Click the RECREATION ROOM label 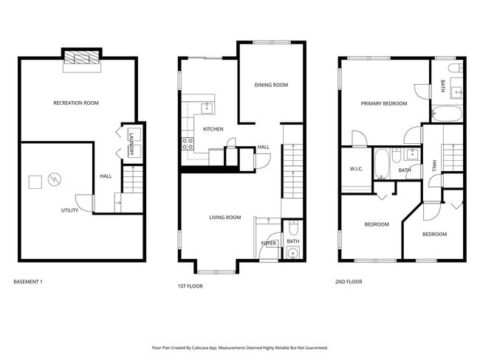pos(76,103)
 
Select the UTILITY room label pos(69,210)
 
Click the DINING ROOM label pos(271,85)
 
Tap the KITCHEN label pos(213,129)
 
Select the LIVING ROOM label pos(225,217)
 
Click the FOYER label pos(268,242)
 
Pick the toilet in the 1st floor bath pos(292,254)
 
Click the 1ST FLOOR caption pos(190,285)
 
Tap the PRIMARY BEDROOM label pos(384,103)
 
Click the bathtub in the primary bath pos(446,114)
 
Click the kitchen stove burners pos(188,142)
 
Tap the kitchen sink pos(207,108)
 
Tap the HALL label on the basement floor pos(106,176)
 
